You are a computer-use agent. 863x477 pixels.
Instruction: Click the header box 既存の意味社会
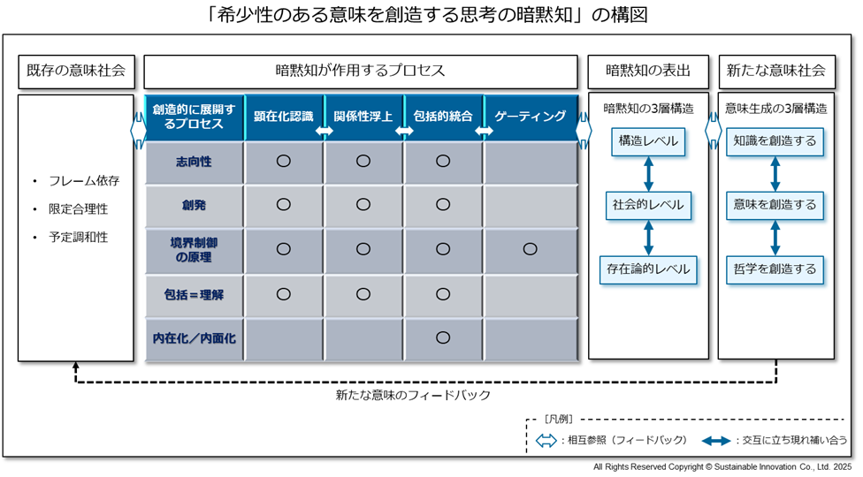click(77, 72)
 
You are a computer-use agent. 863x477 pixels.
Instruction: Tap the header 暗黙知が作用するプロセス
click(361, 72)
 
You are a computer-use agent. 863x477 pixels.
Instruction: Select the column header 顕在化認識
click(284, 117)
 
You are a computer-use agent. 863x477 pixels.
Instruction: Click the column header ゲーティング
click(530, 117)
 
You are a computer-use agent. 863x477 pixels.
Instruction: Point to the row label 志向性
click(194, 162)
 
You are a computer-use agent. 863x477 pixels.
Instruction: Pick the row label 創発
click(194, 205)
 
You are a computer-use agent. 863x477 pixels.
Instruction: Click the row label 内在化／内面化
click(194, 338)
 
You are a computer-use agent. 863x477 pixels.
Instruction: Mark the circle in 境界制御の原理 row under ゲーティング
click(530, 249)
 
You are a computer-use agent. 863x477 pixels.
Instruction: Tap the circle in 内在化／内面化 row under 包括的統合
click(443, 337)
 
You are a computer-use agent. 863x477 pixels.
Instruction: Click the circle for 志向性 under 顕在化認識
click(284, 161)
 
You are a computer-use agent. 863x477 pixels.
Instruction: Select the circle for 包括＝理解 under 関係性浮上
click(363, 294)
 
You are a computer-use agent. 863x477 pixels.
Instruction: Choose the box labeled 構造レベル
click(648, 141)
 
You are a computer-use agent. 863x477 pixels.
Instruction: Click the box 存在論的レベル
click(648, 269)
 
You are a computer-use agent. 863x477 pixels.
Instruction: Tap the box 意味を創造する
click(775, 205)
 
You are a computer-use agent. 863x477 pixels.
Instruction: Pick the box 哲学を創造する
click(775, 269)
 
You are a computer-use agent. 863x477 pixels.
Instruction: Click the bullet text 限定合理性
click(78, 209)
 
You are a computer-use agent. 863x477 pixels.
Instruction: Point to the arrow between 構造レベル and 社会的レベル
click(648, 174)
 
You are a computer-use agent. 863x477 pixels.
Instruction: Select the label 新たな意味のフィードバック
click(413, 395)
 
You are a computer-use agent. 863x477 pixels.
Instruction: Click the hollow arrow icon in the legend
click(546, 440)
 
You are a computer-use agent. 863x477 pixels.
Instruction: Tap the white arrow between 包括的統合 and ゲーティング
click(484, 131)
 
